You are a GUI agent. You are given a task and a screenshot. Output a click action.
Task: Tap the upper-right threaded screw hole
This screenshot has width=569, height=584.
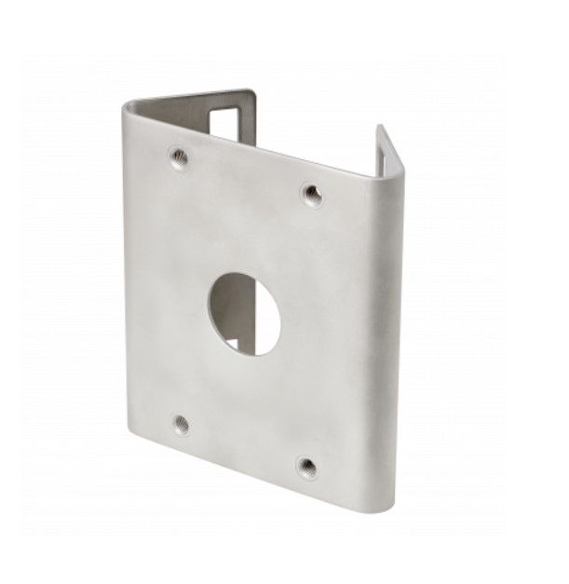pyautogui.click(x=311, y=195)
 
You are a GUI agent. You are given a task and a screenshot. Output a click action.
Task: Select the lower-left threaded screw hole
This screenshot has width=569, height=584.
pyautogui.click(x=182, y=424)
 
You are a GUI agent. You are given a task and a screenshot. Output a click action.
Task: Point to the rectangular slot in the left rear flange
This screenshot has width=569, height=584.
pyautogui.click(x=226, y=125)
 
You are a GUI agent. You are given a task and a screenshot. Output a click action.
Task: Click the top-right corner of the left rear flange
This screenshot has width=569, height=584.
pyautogui.click(x=252, y=92)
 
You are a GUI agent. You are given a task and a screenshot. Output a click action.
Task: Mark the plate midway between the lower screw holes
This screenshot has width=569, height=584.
pyautogui.click(x=244, y=444)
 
